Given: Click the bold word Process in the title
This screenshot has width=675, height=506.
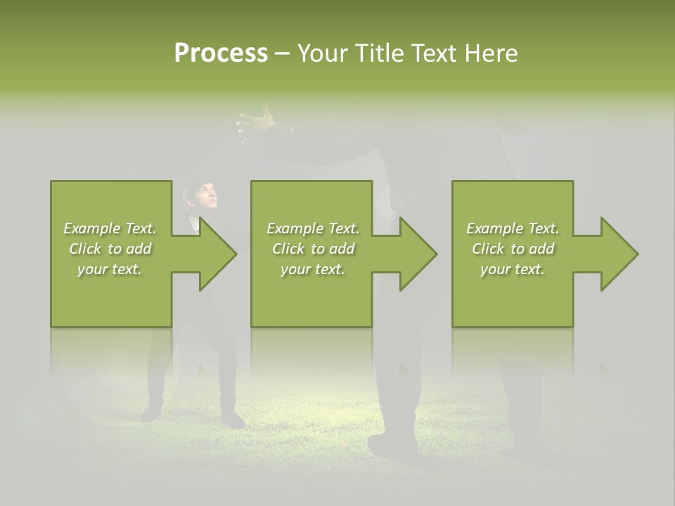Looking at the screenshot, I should pos(221,53).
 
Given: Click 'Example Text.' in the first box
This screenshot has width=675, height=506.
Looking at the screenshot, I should pos(110,228).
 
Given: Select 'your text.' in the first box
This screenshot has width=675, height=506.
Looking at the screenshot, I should pos(110,269).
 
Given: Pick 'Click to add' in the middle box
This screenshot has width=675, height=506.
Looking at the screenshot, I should pos(313,249).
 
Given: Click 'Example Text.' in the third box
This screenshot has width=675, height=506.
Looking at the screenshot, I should pos(513,228).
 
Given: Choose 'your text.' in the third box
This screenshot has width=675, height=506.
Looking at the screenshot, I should pos(513,269).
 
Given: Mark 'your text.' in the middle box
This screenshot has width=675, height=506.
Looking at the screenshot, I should pos(313,269).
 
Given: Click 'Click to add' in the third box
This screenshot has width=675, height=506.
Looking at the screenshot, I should pos(513,249).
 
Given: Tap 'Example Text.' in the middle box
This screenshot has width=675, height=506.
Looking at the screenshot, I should pos(313,228).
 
